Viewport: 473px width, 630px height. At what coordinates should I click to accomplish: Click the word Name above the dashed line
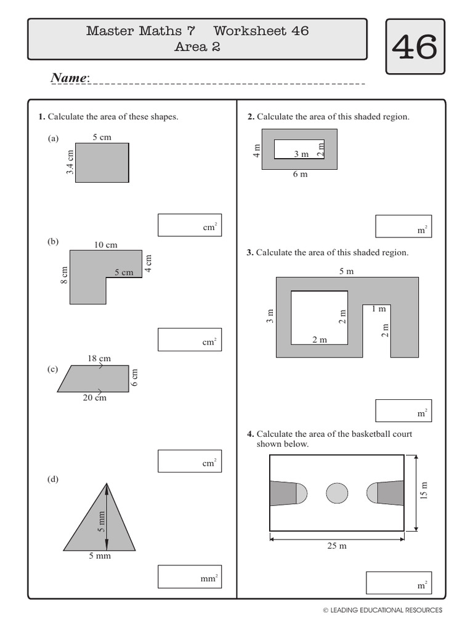pos(70,78)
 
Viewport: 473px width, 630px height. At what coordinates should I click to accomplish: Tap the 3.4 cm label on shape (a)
pos(70,162)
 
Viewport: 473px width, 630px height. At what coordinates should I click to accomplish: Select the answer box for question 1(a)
pos(189,225)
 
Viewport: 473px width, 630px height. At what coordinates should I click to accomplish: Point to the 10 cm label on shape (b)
pos(105,245)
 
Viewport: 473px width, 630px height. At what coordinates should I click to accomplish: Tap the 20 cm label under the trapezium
pos(95,398)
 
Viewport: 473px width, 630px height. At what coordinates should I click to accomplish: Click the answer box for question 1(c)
pos(189,460)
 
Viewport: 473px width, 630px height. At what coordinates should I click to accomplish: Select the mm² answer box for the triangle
pos(189,576)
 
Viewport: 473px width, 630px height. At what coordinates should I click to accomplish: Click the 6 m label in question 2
pos(300,174)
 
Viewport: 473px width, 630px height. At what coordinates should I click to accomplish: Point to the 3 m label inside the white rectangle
pos(301,154)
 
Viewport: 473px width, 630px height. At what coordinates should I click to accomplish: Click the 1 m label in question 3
pos(378,309)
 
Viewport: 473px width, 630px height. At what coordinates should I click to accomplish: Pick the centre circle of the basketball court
pos(337,493)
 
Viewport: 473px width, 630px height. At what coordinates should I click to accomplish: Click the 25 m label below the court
pos(337,546)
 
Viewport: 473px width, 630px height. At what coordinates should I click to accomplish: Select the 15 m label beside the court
pos(424,491)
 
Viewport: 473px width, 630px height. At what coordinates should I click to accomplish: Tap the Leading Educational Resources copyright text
pos(382,610)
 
